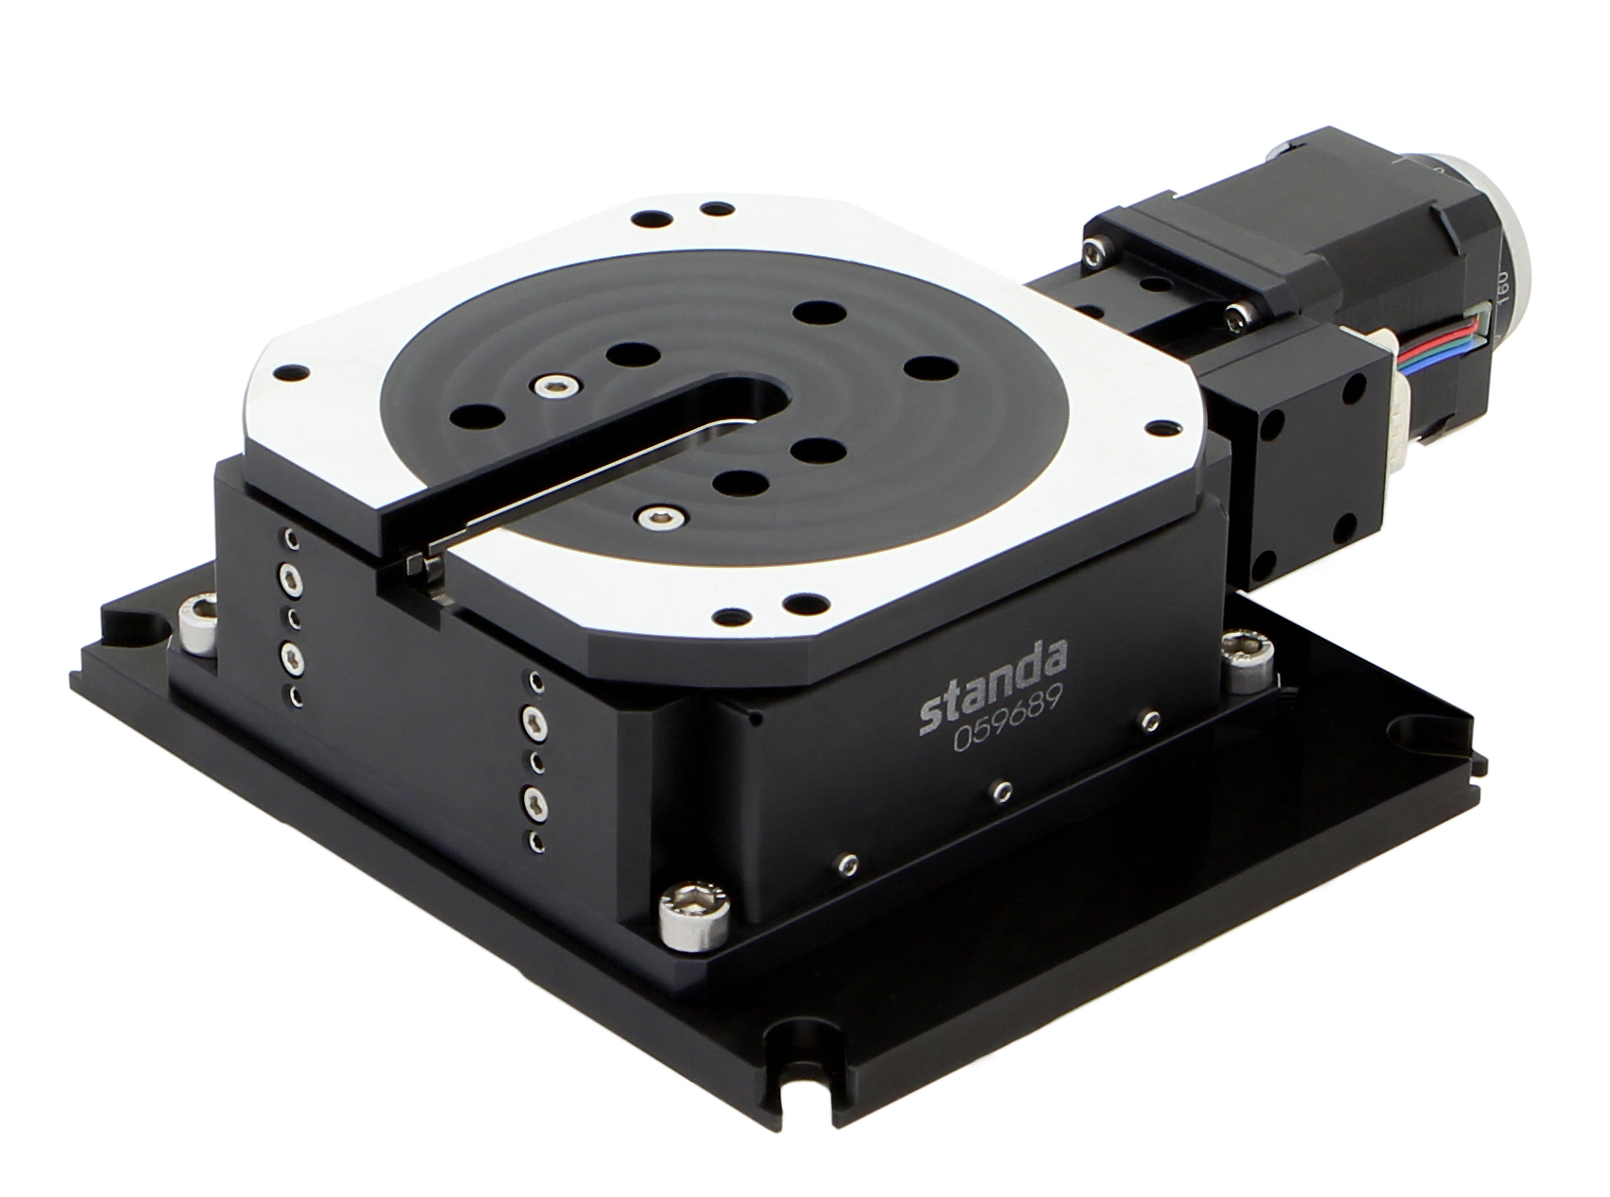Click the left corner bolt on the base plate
pyautogui.click(x=195, y=624)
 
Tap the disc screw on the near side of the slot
pyautogui.click(x=654, y=516)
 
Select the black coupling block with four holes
pyautogui.click(x=1308, y=463)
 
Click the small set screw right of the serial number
pyautogui.click(x=1149, y=721)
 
